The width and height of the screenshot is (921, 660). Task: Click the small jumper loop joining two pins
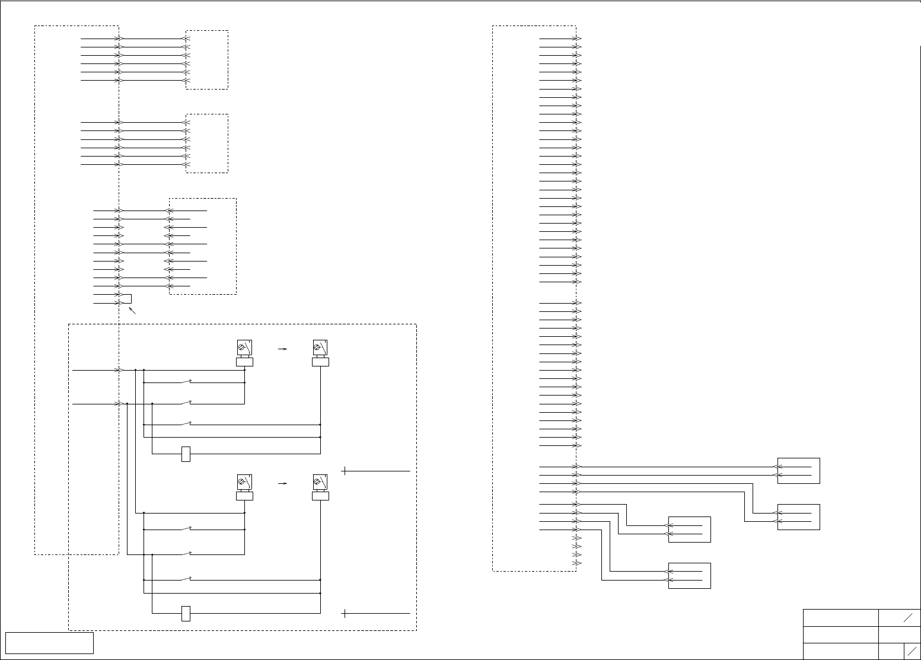click(x=127, y=299)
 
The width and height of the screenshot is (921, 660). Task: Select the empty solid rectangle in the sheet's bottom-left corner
click(x=49, y=643)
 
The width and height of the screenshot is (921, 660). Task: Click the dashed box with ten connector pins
click(x=203, y=246)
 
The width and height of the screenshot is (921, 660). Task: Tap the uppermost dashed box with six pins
click(x=207, y=59)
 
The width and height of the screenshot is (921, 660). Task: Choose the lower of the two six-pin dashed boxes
click(x=207, y=144)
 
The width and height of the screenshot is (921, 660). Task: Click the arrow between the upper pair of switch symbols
click(x=283, y=349)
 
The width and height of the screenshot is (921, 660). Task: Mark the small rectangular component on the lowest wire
click(x=186, y=613)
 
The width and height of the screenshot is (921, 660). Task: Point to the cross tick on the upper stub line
click(x=345, y=471)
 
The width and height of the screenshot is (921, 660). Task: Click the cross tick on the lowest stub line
click(x=345, y=613)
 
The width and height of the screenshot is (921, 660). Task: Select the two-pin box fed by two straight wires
click(x=798, y=471)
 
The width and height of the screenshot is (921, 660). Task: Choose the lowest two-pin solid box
click(x=689, y=576)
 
